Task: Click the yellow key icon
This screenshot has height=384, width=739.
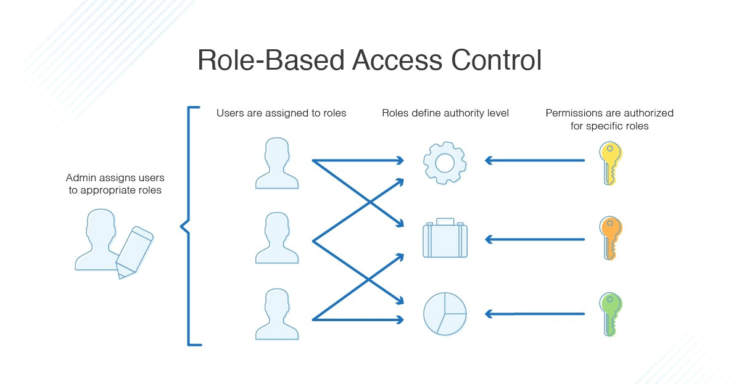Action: pos(611,163)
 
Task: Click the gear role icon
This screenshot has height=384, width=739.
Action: pos(444,162)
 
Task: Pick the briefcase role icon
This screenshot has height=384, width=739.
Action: pos(444,238)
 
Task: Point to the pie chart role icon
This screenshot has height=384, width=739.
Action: pos(444,314)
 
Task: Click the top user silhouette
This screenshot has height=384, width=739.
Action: pos(277,164)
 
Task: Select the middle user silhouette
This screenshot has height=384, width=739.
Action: pos(277,239)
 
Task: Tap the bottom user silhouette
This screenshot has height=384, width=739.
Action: pos(277,315)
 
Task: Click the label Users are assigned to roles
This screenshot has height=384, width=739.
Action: pos(281,113)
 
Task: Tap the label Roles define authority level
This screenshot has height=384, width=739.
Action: pos(445,113)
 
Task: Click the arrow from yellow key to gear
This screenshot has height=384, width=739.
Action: pos(534,161)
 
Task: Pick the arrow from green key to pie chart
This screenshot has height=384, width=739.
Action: pos(534,314)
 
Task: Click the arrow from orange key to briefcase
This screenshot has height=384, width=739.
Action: pos(534,239)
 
